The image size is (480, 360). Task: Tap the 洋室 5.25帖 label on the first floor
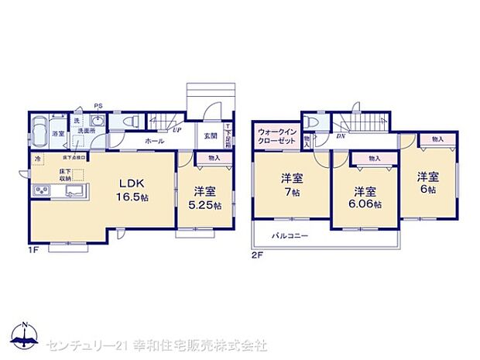[x=204, y=198]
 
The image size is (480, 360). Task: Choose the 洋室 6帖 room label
[x=428, y=183]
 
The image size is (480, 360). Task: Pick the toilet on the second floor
[x=311, y=122]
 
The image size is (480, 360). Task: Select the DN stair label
[x=341, y=136]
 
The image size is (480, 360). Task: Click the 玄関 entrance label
[x=210, y=135]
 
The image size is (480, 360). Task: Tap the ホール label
[x=153, y=142]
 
